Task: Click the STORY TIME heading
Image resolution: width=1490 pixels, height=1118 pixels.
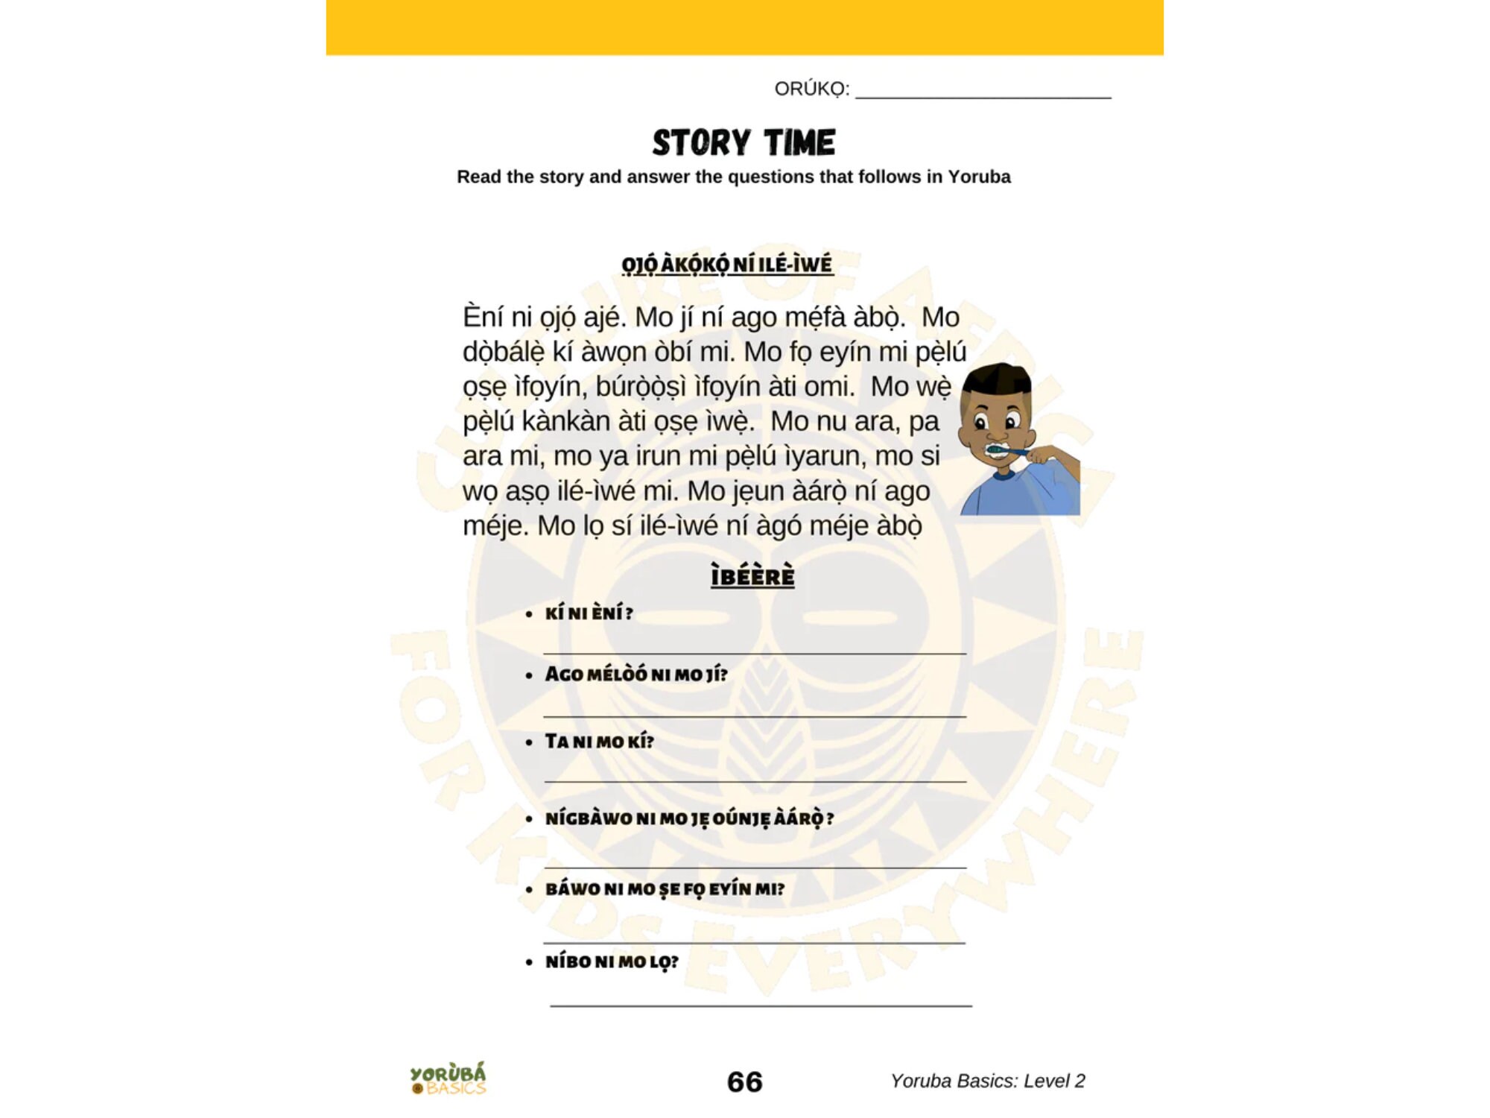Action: pos(744,142)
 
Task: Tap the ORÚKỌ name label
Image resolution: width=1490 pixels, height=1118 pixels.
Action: pos(811,89)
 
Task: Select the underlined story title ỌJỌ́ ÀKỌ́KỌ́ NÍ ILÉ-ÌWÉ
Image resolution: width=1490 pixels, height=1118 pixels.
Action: pos(727,265)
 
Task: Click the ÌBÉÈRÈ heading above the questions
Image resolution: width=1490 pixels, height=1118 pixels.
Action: pos(752,576)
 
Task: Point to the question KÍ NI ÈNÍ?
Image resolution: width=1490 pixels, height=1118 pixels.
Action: pos(589,613)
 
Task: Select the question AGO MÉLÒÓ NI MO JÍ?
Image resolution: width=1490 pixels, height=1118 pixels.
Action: pos(635,675)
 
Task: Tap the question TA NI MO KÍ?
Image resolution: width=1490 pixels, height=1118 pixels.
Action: pos(599,742)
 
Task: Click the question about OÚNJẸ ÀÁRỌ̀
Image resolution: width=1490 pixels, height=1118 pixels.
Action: pos(689,818)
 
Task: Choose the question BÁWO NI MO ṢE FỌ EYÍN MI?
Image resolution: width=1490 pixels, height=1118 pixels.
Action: pos(665,889)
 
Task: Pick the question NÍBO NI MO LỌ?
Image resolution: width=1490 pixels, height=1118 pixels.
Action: pos(612,961)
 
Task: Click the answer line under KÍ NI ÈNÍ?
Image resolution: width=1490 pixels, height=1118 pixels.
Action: pos(754,653)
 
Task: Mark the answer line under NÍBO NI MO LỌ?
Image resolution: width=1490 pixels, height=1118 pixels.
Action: pos(760,1005)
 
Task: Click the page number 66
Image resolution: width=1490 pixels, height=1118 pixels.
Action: pos(744,1081)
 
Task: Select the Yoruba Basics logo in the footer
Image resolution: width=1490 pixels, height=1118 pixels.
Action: pos(448,1078)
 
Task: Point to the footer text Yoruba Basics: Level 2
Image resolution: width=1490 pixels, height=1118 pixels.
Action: pos(987,1081)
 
